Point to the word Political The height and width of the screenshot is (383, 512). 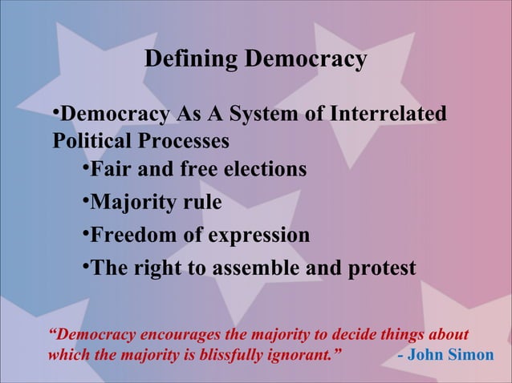(x=89, y=140)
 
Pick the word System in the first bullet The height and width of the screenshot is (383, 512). (x=270, y=115)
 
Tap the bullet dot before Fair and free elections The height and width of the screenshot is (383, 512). (x=85, y=170)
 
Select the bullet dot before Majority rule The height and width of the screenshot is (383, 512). (x=85, y=203)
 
